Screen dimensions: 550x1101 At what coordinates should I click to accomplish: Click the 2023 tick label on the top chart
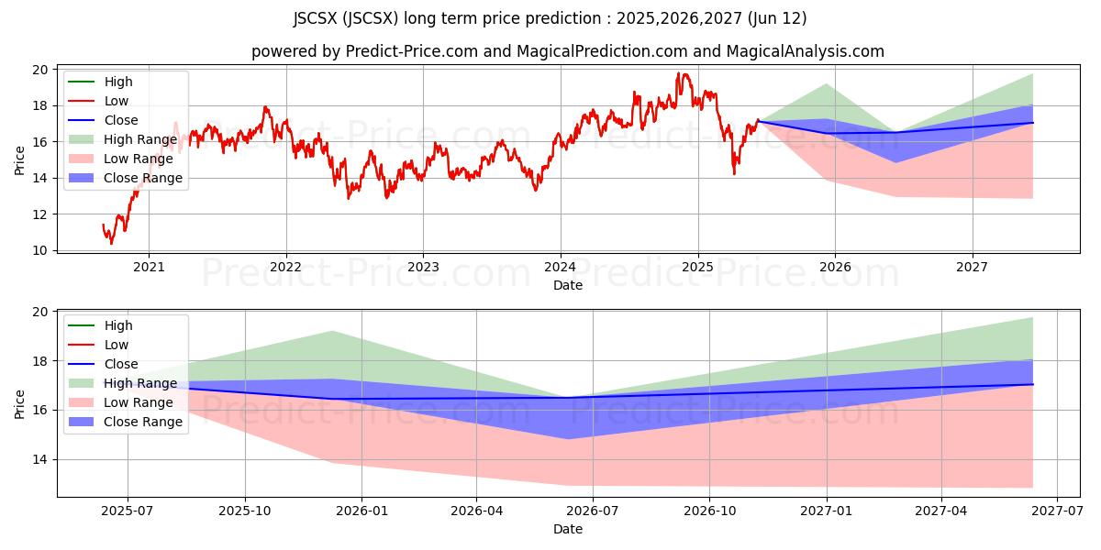[422, 268]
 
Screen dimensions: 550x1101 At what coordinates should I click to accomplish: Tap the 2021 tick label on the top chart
[149, 268]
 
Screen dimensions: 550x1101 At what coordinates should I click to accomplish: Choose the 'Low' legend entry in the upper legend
[117, 101]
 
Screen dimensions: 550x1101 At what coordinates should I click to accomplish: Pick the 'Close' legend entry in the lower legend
[121, 364]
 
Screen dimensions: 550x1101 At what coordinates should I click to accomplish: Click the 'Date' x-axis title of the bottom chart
[568, 529]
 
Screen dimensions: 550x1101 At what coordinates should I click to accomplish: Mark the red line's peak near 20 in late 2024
[679, 73]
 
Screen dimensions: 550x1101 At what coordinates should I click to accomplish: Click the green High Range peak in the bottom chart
[332, 331]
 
